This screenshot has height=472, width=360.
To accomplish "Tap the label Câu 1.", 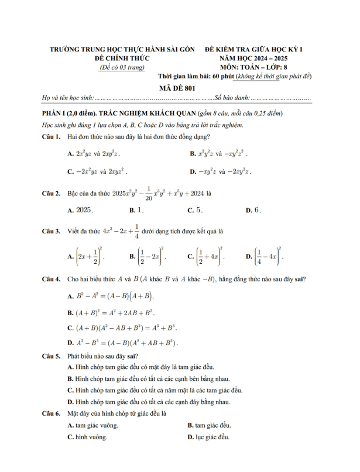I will (53, 136).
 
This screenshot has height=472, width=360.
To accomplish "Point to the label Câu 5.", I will (53, 356).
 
